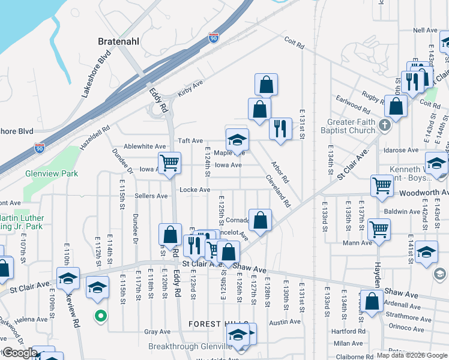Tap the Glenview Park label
point(52,173)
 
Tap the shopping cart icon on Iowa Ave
point(169,163)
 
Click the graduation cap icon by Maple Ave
point(237,140)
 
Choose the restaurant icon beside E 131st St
point(280,128)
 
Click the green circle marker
point(101,315)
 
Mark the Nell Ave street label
point(425,30)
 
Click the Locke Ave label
point(195,190)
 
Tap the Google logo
point(20,353)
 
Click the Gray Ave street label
point(158,332)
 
